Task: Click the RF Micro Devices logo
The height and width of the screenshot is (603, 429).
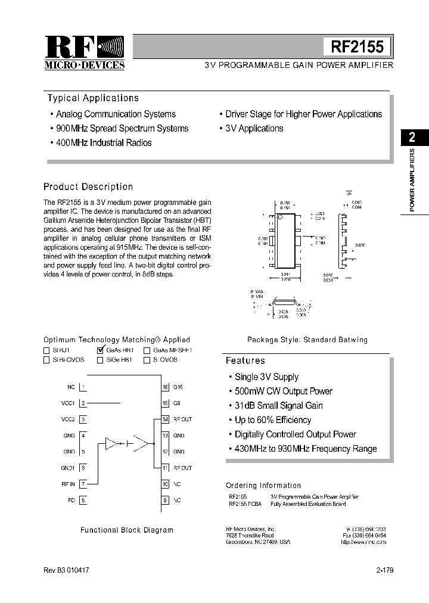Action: click(85, 52)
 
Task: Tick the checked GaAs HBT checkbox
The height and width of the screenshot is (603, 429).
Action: click(100, 350)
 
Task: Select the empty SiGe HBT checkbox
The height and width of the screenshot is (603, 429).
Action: click(100, 360)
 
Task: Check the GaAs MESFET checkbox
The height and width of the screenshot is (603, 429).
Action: click(147, 350)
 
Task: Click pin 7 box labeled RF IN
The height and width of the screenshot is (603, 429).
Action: click(83, 484)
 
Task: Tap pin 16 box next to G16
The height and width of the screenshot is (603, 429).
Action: click(165, 387)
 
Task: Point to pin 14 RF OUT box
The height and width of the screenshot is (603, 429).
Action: click(165, 419)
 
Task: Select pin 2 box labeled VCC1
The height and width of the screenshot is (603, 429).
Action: click(83, 403)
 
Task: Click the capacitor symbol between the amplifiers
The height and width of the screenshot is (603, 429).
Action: click(129, 443)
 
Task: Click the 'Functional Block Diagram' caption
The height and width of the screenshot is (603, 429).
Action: click(127, 530)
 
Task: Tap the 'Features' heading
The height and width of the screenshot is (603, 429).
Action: click(245, 360)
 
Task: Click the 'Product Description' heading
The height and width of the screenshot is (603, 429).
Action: click(88, 187)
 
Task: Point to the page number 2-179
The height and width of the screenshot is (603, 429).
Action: click(384, 570)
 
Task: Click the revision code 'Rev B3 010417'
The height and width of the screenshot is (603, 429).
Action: click(67, 570)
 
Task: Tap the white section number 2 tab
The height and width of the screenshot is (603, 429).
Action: click(412, 137)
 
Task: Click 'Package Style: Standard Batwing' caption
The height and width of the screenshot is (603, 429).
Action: click(307, 340)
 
